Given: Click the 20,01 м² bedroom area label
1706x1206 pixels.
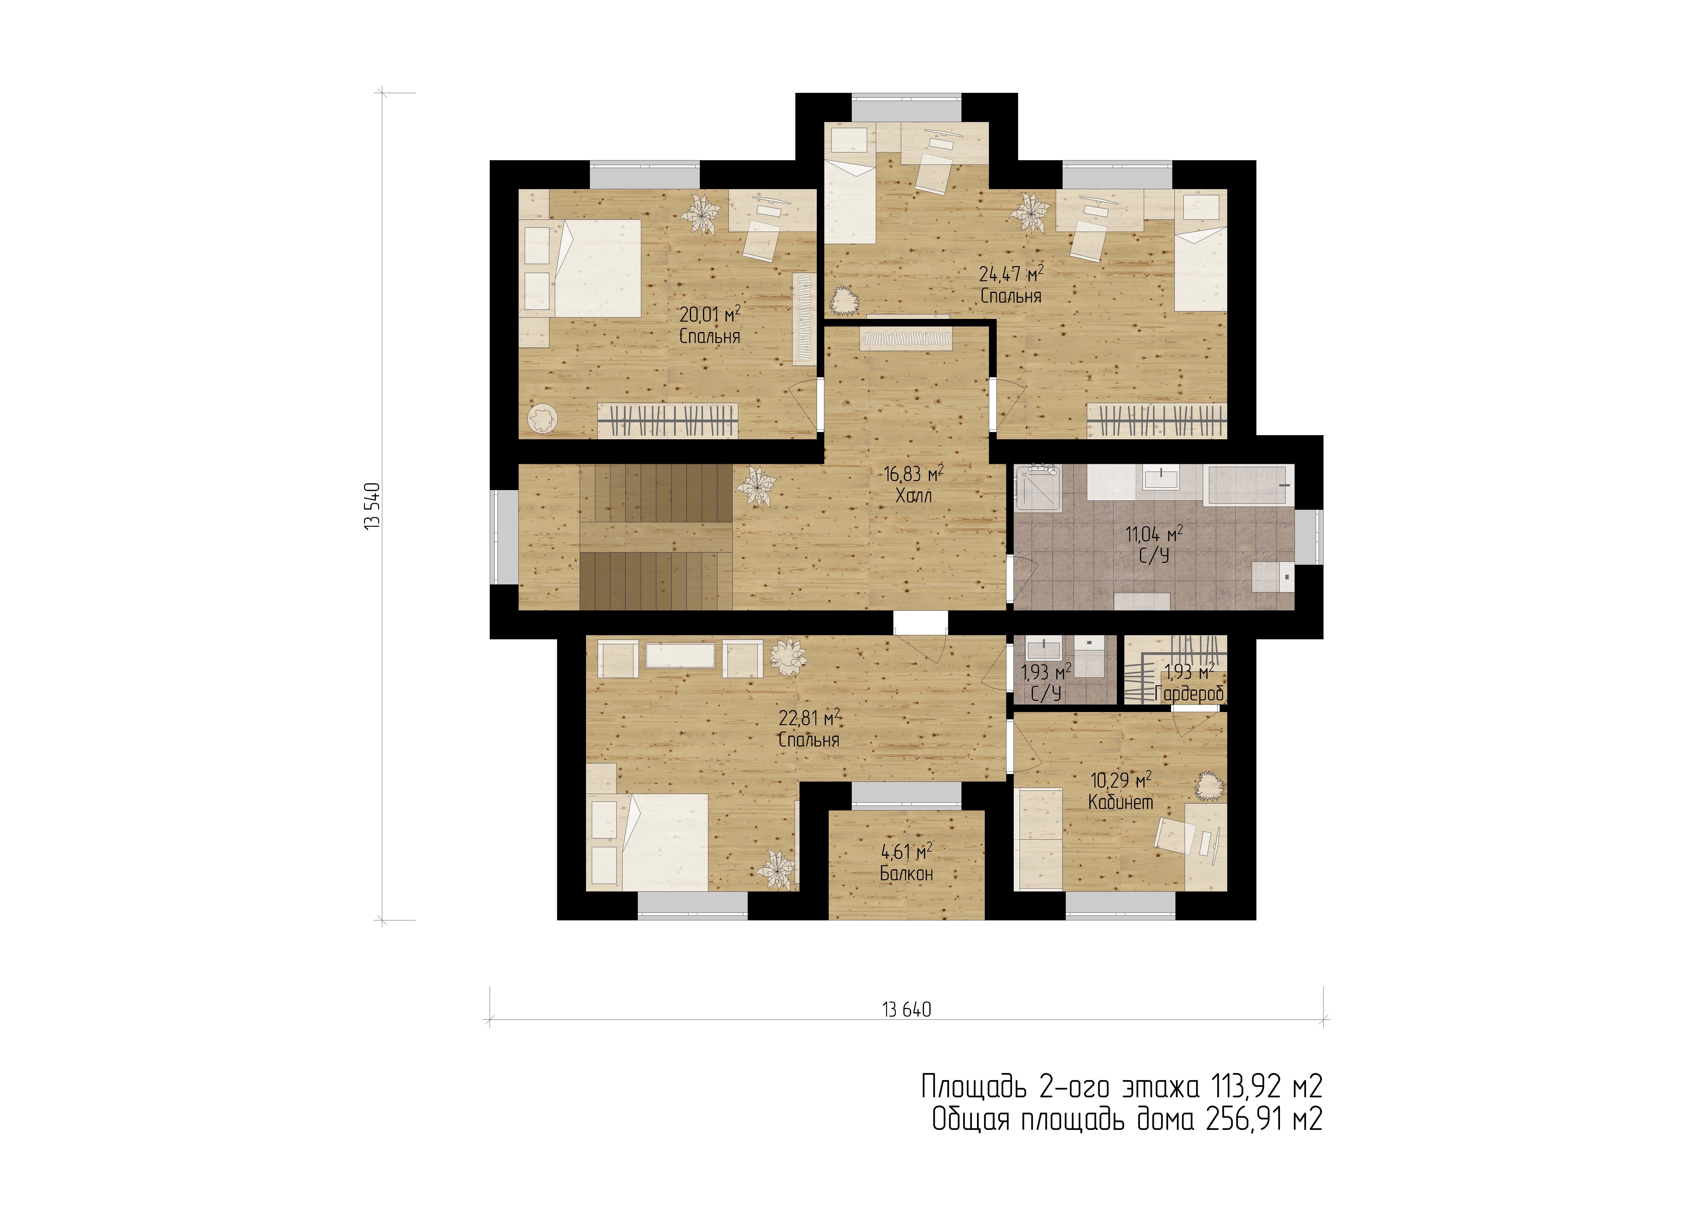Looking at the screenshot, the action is point(710,314).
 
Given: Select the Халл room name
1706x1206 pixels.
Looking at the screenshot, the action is point(913,496).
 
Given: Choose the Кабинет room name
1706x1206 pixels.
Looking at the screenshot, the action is point(1120,802).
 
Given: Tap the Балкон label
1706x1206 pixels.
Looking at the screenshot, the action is point(906,874).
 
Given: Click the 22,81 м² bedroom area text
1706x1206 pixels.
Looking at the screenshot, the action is point(809,718).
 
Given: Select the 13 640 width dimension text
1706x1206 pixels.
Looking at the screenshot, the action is point(906,1010).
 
